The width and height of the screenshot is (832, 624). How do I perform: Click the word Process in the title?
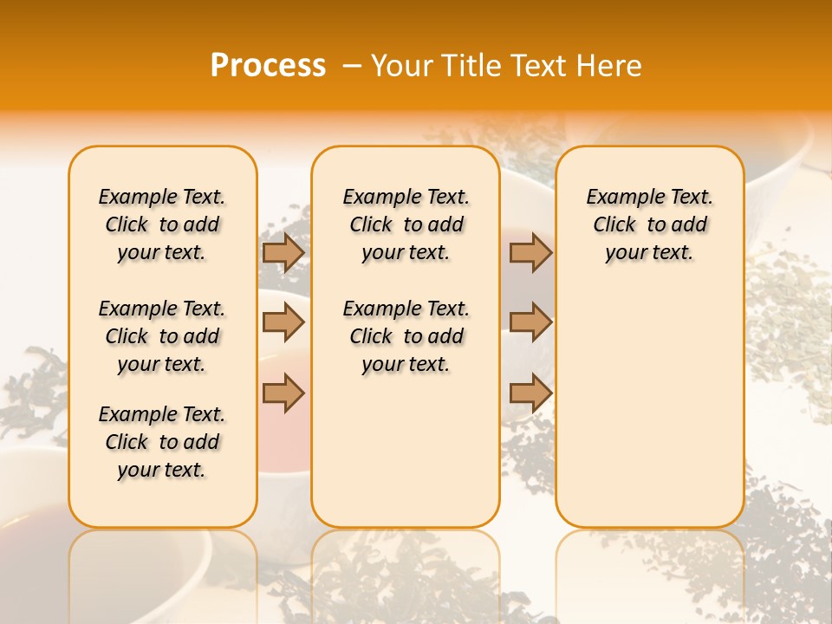click(267, 66)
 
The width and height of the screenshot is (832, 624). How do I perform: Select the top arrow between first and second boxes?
click(283, 253)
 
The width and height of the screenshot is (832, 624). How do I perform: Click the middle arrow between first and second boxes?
click(283, 323)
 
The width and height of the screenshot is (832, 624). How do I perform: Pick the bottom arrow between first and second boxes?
click(283, 393)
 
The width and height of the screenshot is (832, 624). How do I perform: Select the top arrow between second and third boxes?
click(530, 253)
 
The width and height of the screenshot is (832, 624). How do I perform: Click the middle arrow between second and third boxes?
click(530, 323)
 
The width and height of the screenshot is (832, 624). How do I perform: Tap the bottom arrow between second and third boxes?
click(530, 393)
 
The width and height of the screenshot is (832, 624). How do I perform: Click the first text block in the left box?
click(162, 224)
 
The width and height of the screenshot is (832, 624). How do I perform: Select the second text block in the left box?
click(162, 336)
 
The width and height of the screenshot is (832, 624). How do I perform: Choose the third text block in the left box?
click(162, 442)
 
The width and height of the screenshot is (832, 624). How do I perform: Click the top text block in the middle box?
click(406, 224)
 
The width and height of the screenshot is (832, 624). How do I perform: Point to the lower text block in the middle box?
click(406, 336)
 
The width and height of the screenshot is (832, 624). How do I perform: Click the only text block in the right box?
click(649, 224)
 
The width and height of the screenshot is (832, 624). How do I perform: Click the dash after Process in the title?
click(352, 66)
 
